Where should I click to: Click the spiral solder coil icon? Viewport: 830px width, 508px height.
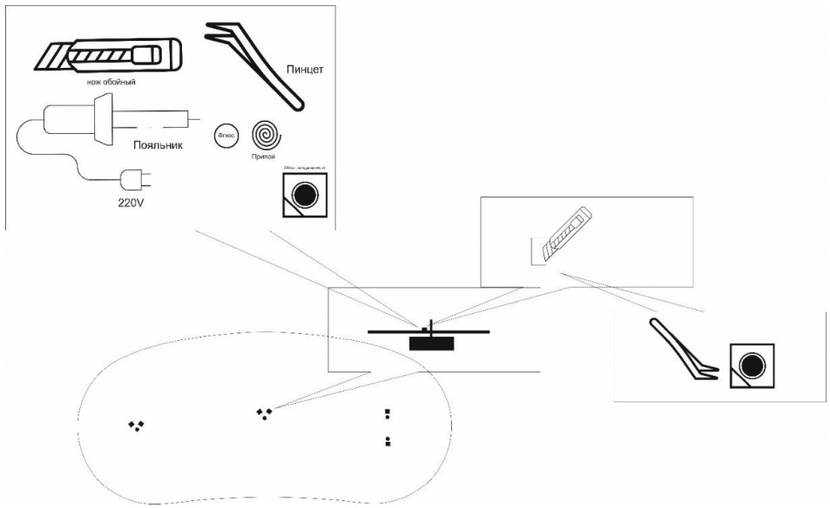(x=265, y=136)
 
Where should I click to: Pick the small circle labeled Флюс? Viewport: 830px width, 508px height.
(x=225, y=137)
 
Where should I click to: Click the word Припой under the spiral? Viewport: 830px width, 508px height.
(x=265, y=162)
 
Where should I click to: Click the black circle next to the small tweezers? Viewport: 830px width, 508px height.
(x=751, y=361)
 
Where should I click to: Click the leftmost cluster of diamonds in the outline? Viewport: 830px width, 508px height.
(x=137, y=424)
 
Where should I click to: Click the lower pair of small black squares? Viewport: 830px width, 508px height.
(x=388, y=441)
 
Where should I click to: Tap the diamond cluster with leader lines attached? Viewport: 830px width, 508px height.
(x=265, y=411)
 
